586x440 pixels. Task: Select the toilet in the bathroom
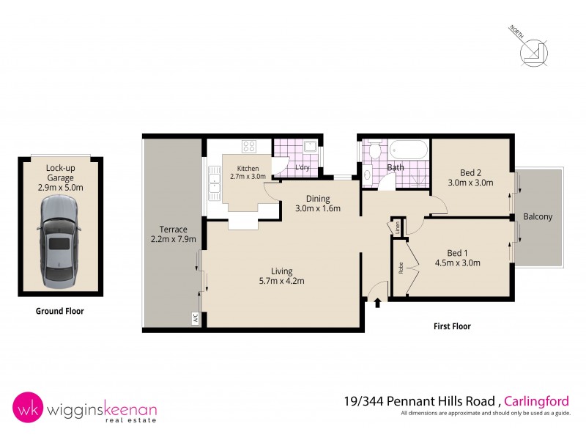pos(374,151)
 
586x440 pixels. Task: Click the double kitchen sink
pos(215,183)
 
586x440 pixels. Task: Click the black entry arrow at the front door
pos(378,301)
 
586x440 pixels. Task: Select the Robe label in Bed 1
pos(401,268)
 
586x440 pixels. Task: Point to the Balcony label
pos(538,217)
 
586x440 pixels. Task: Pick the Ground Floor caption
pos(60,311)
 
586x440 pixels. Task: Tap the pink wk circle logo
pos(26,407)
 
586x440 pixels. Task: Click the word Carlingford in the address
pos(538,400)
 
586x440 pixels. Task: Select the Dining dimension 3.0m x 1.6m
pos(318,208)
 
